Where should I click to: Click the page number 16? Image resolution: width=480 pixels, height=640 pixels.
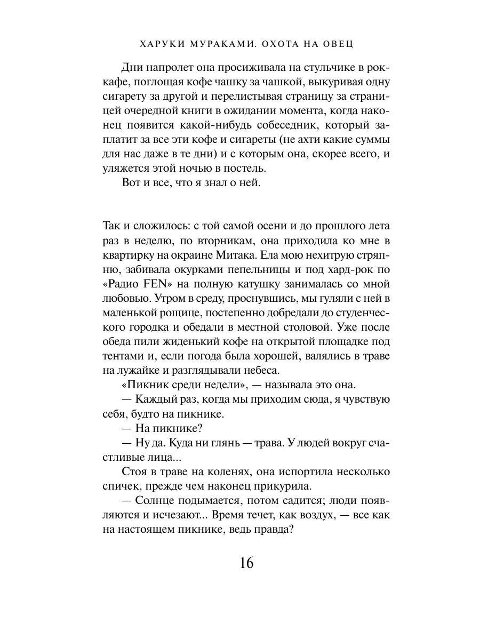tap(240, 563)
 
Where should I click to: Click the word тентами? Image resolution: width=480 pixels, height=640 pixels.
tap(122, 354)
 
